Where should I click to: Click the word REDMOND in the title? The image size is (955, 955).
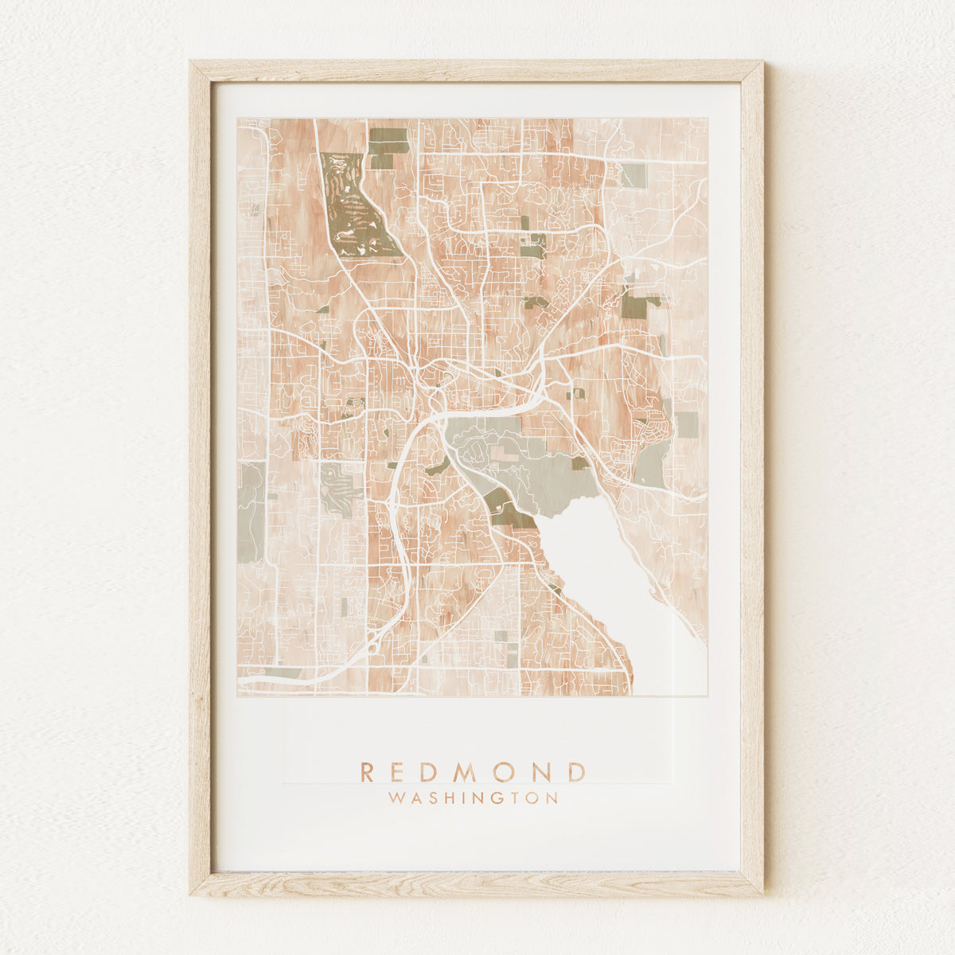(473, 771)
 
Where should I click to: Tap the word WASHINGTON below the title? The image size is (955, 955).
(473, 797)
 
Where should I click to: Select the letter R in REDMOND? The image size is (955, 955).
(368, 771)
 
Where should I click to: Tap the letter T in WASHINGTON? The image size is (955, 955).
(514, 797)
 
